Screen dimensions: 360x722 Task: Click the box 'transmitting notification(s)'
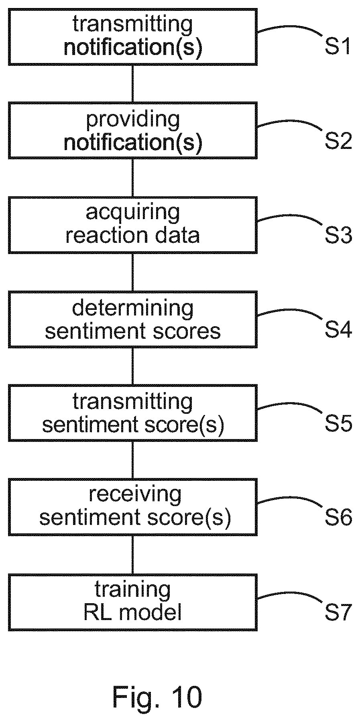[132, 37]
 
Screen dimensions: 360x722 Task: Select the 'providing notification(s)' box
[132, 130]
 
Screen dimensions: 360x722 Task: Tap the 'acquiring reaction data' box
[132, 225]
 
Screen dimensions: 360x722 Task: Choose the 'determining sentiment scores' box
[132, 319]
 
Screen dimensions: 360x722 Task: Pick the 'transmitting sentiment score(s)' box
[132, 413]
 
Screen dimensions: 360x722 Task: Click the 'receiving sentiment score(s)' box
[132, 507]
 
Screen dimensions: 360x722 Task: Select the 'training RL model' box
[132, 602]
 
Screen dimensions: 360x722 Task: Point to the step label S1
[338, 47]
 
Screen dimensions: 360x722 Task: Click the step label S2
[338, 140]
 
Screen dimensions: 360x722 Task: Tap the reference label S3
[338, 235]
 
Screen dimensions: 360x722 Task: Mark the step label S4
[338, 329]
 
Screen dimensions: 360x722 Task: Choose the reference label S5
[338, 423]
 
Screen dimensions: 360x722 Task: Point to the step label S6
[338, 517]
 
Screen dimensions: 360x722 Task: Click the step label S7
[338, 612]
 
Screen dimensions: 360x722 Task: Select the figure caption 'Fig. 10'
[157, 697]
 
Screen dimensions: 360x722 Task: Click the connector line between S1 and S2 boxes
[132, 83]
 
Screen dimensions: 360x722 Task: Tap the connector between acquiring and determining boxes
[132, 273]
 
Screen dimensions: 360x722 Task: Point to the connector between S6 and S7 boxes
[132, 555]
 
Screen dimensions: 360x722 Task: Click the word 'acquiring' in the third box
[132, 213]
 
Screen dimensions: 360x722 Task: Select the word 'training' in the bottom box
[132, 590]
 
